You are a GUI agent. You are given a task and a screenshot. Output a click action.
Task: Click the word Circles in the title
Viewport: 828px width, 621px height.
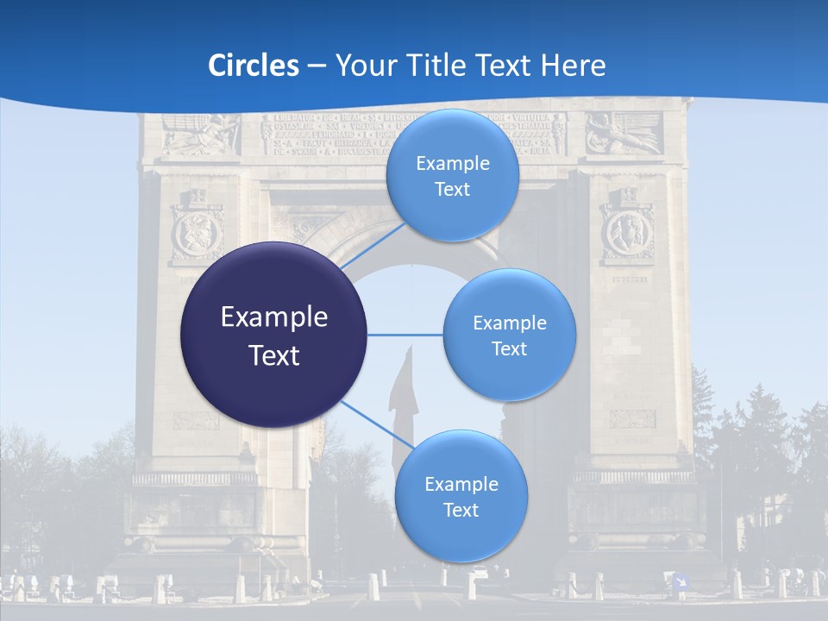254,66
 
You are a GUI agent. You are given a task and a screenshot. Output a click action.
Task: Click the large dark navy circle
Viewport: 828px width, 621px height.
274,335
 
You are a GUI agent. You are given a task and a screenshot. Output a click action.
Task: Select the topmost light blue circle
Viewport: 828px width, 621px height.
452,175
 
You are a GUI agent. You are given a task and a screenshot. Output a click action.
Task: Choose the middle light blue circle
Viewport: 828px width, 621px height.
509,335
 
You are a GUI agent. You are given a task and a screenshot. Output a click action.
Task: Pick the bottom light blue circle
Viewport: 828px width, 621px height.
461,496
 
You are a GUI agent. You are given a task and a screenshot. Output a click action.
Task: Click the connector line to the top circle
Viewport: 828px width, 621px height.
373,248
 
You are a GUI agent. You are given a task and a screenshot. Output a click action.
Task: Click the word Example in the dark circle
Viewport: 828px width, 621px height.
274,317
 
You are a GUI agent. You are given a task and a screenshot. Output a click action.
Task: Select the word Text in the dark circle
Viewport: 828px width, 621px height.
274,354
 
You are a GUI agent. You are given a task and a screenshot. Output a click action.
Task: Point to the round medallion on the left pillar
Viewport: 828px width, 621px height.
198,234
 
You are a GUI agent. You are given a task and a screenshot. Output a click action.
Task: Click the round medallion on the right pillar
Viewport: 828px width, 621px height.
627,234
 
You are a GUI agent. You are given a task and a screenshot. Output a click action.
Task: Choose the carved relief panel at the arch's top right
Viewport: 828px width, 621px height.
624,134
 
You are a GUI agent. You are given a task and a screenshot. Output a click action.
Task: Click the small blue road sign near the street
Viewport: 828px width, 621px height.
681,581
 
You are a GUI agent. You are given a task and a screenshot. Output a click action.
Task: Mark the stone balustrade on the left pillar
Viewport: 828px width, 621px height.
194,477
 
